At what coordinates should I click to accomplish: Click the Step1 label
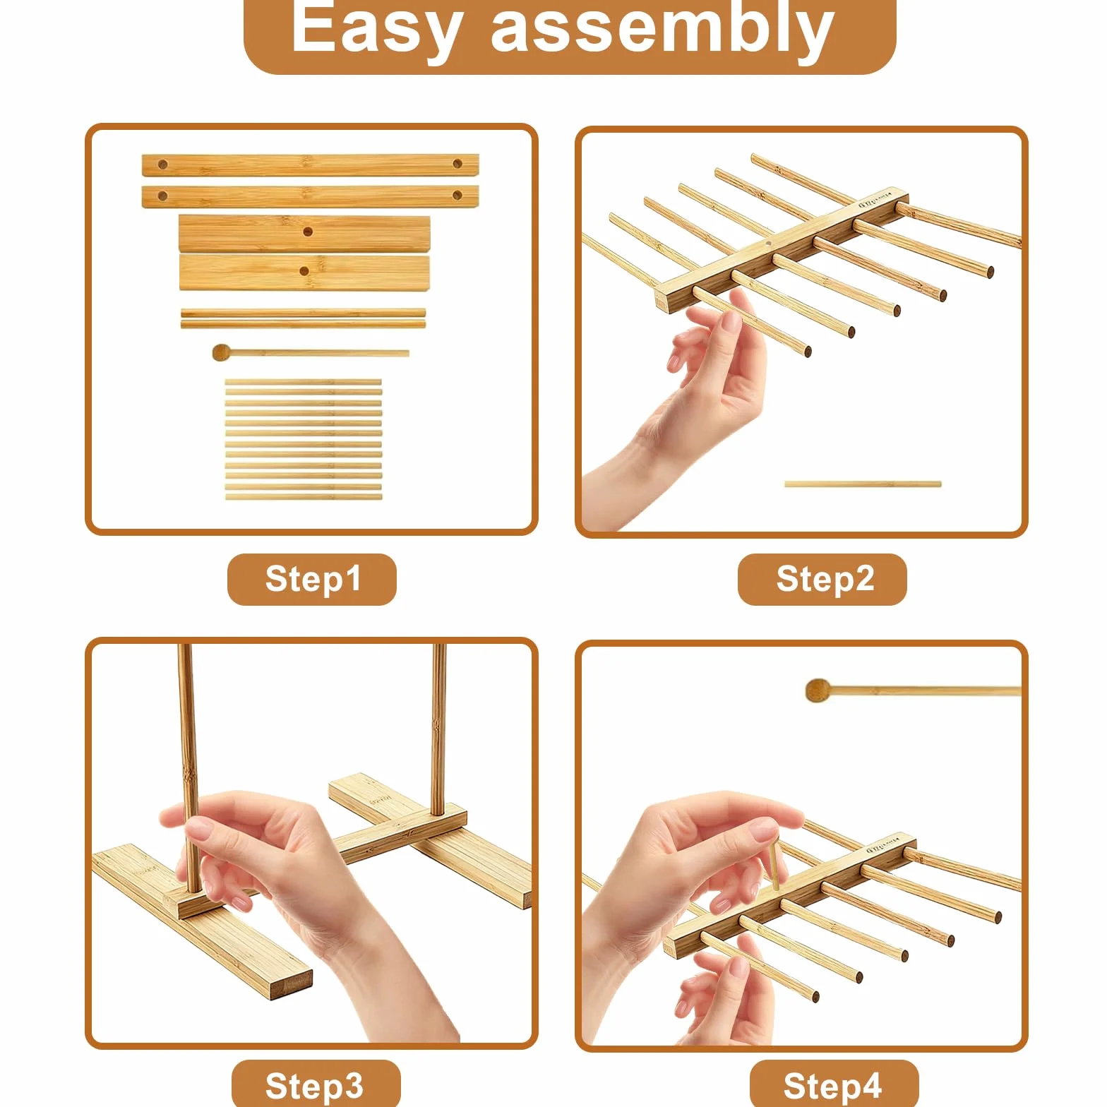[313, 579]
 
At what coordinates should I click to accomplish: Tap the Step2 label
[825, 579]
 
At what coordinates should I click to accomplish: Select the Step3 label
[314, 1086]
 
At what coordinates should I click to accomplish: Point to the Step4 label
[832, 1086]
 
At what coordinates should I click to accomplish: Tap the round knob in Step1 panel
[221, 352]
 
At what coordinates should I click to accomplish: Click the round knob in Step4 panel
[818, 690]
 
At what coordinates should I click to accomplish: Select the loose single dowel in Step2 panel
[863, 484]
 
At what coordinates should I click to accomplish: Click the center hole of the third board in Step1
[308, 232]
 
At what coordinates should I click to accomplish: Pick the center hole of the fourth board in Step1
[304, 271]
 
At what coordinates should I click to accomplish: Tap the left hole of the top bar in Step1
[163, 164]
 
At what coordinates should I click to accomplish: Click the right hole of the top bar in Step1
[457, 164]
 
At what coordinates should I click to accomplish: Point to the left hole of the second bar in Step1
[163, 196]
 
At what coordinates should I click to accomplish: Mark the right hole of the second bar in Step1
[457, 195]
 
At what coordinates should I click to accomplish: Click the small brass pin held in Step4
[774, 863]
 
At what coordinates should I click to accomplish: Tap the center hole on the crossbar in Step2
[767, 244]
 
